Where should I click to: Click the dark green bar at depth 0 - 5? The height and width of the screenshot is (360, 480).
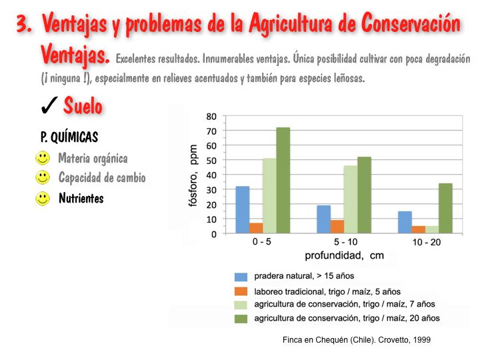283,181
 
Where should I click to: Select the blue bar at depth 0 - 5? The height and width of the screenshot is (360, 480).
242,210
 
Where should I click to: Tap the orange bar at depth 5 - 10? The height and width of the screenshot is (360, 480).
338,227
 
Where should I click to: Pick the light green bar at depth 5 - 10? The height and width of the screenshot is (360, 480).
351,200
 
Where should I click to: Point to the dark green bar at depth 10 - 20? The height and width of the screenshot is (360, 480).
445,209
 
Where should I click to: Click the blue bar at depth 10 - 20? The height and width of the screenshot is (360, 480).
405,223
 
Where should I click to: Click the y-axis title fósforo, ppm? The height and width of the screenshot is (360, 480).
194,175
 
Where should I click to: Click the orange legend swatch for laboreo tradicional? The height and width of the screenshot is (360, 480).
241,291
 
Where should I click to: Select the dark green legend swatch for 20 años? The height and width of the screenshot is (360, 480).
241,319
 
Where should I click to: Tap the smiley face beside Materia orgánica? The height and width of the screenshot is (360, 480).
43,159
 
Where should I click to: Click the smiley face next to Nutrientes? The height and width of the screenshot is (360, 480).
43,198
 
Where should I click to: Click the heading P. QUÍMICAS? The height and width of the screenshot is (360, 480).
69,137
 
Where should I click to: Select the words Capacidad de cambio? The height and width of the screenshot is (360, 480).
101,178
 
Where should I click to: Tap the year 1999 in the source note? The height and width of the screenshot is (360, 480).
421,340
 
